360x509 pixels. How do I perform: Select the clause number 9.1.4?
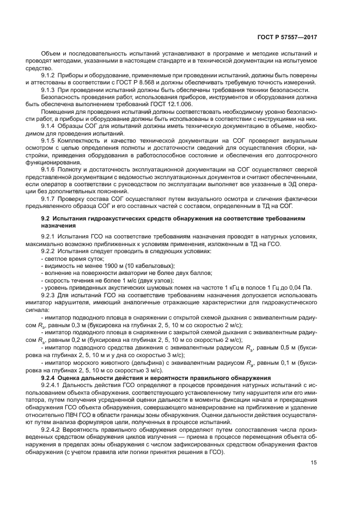49,126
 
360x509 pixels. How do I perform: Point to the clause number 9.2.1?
49,237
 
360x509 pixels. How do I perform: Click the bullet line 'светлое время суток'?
74,259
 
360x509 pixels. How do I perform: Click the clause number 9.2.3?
49,296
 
